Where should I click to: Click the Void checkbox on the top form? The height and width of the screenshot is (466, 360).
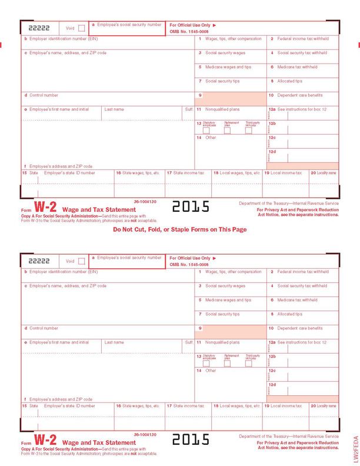pyautogui.click(x=81, y=28)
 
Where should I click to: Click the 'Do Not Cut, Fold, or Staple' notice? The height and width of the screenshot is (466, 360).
pyautogui.click(x=179, y=229)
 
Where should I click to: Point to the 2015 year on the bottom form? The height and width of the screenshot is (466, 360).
pyautogui.click(x=191, y=439)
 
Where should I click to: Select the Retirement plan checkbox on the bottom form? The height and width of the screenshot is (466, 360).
pyautogui.click(x=227, y=363)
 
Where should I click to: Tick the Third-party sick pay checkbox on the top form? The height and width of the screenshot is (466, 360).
pyautogui.click(x=248, y=131)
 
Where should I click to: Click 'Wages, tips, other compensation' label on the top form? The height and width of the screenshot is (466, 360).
pyautogui.click(x=234, y=39)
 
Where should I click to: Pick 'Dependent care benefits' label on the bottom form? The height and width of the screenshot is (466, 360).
pyautogui.click(x=299, y=328)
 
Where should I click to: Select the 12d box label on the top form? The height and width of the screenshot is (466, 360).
pyautogui.click(x=272, y=151)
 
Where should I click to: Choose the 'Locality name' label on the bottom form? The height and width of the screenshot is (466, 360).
pyautogui.click(x=326, y=406)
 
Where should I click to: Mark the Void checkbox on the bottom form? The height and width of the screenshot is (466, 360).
pyautogui.click(x=81, y=261)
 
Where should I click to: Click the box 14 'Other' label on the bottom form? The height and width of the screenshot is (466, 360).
pyautogui.click(x=211, y=371)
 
